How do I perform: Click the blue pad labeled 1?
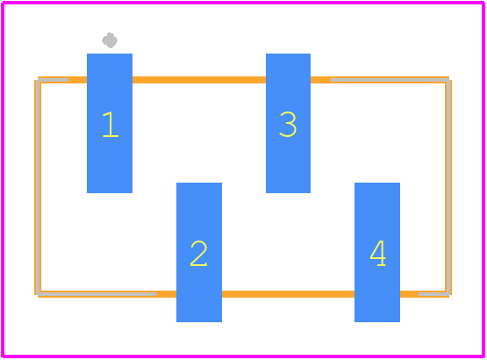click(x=110, y=123)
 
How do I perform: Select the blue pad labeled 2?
click(x=199, y=252)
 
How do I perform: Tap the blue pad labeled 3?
click(x=288, y=123)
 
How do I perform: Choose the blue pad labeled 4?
click(x=377, y=252)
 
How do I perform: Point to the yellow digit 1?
click(x=111, y=125)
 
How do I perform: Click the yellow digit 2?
click(x=198, y=254)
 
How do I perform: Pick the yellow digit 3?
click(x=288, y=125)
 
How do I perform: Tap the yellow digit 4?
click(x=378, y=254)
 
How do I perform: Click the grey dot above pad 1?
click(x=110, y=40)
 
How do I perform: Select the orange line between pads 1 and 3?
click(x=199, y=80)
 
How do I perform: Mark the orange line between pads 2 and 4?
click(x=288, y=294)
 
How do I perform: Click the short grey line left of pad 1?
click(x=54, y=80)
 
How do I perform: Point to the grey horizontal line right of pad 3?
click(x=390, y=80)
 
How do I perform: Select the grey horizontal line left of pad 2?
click(x=97, y=294)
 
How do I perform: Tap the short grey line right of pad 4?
click(x=433, y=294)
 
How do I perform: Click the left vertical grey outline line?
click(x=38, y=187)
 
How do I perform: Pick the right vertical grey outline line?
click(x=448, y=187)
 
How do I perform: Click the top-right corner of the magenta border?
click(x=483, y=3)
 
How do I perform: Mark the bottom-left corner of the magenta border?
click(x=3, y=356)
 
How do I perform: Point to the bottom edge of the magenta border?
click(x=243, y=356)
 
